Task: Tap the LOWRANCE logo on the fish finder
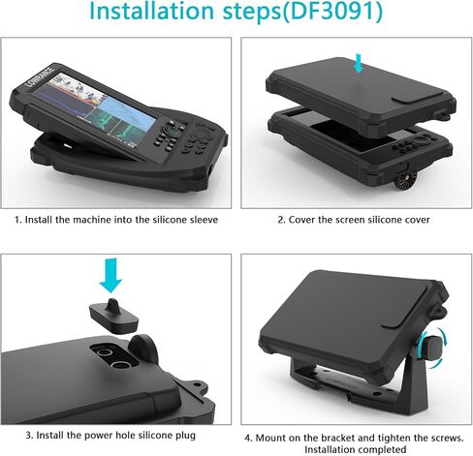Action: click(x=40, y=76)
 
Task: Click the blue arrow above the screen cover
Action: click(x=358, y=63)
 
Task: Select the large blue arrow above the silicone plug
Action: click(x=110, y=275)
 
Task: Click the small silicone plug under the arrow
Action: click(x=113, y=316)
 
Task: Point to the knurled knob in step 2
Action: click(x=404, y=182)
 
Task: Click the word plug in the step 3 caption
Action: click(x=185, y=436)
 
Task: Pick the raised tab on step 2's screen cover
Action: click(x=417, y=97)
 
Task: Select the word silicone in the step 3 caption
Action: click(x=156, y=436)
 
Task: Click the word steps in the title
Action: click(x=248, y=13)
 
